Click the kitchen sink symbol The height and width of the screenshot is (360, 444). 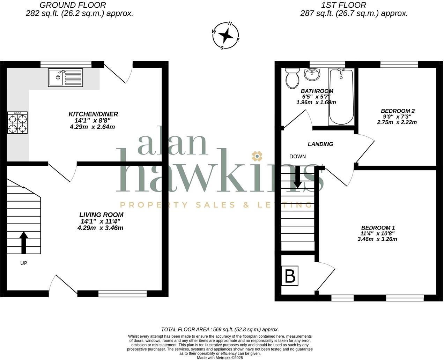66,77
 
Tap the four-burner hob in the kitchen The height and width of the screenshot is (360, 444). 17,123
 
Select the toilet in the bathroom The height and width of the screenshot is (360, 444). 292,78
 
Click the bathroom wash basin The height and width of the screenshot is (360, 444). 312,74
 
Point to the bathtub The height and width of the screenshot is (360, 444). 341,97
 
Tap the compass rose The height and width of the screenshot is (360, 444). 226,36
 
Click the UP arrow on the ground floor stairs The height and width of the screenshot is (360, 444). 24,243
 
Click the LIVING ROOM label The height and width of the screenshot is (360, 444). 101,215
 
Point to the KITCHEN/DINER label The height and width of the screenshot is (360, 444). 93,114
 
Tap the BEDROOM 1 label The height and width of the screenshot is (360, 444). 378,228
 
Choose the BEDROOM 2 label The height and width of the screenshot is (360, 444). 398,111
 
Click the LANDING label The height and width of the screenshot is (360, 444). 320,144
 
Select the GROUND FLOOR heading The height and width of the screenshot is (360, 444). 73,5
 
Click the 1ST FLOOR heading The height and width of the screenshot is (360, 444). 344,5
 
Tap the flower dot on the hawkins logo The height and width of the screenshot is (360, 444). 257,156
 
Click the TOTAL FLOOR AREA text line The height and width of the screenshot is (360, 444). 220,329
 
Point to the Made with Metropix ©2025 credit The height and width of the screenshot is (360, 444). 220,358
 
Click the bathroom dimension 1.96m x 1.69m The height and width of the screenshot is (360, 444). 316,103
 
